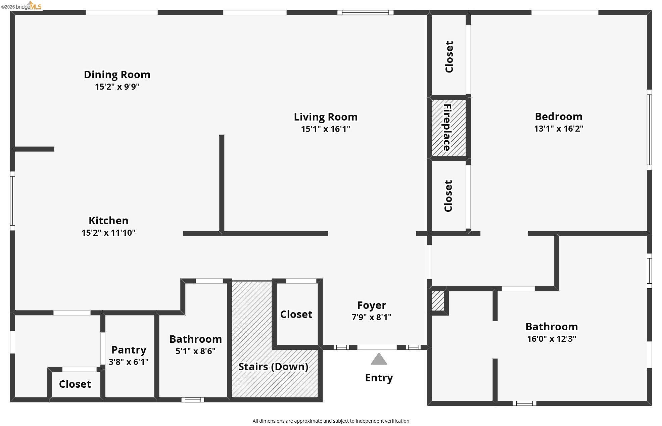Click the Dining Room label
coord(117,75)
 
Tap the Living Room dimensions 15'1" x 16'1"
coord(325,129)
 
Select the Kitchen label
coord(108,221)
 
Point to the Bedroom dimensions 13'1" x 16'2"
coord(558,129)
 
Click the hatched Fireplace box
coord(449,128)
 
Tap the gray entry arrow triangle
coord(379,359)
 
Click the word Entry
coord(379,378)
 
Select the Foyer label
coord(371,305)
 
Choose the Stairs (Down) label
coord(273,367)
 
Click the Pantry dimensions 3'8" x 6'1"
coord(129,362)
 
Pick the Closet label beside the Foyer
coord(296,314)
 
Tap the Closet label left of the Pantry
coord(75,384)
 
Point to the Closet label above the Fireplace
coord(449,57)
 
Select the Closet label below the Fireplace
coord(448,196)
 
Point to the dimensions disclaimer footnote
coord(331,421)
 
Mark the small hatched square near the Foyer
coord(438,301)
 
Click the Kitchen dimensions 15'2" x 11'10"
coord(108,233)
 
